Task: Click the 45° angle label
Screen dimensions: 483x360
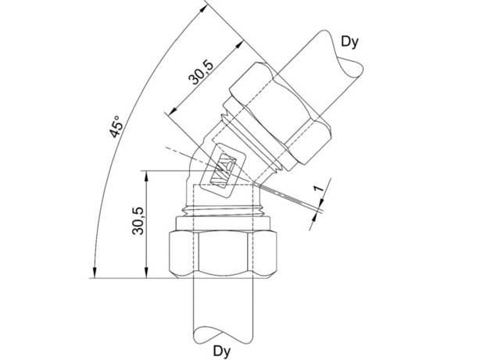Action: pyautogui.click(x=116, y=127)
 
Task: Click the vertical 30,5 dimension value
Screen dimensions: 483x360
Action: pyautogui.click(x=138, y=221)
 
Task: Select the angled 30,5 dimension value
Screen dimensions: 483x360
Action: pyautogui.click(x=201, y=73)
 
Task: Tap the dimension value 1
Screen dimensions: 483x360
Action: pyautogui.click(x=319, y=188)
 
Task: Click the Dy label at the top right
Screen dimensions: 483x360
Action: pyautogui.click(x=350, y=41)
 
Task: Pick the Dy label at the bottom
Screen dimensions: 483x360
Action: pyautogui.click(x=222, y=351)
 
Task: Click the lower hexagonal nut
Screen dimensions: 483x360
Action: pyautogui.click(x=223, y=254)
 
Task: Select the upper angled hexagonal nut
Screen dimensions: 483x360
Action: pyautogui.click(x=280, y=112)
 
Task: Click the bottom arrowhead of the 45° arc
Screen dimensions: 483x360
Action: pyautogui.click(x=95, y=272)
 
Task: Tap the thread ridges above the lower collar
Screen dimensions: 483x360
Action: pyautogui.click(x=223, y=211)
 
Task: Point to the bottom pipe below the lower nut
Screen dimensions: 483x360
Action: pyautogui.click(x=223, y=305)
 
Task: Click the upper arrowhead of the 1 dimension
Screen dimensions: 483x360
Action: pyautogui.click(x=321, y=203)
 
